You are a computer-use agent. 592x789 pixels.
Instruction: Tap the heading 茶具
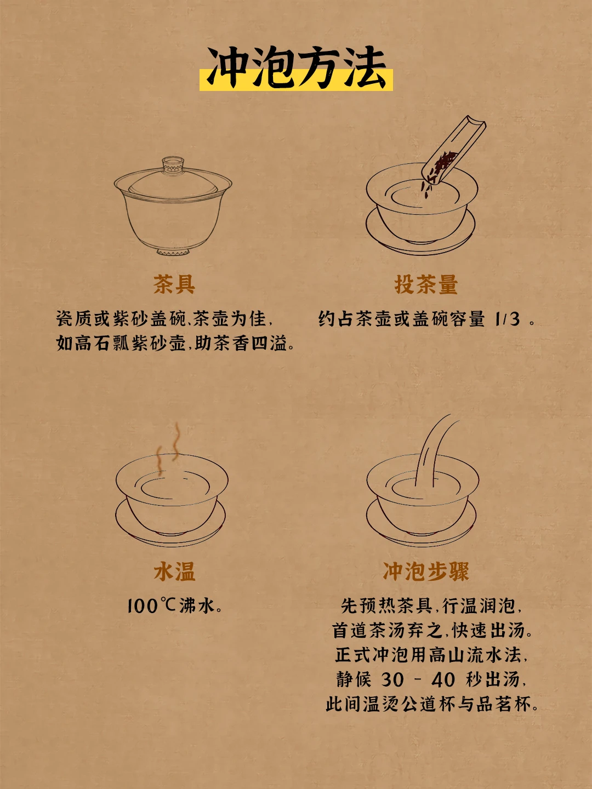pos(174,284)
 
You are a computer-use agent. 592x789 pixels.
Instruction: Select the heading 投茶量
pos(426,284)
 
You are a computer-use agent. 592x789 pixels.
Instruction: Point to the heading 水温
pos(174,571)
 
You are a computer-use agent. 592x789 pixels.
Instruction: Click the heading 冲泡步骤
pos(426,571)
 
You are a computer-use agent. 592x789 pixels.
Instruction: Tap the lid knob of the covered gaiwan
pos(173,164)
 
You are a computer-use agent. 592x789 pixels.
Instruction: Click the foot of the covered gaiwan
pos(173,251)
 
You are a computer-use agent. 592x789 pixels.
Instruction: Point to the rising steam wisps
pos(168,449)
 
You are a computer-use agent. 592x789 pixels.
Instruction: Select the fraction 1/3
pos(507,319)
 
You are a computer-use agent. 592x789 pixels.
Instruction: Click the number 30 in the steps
pos(392,679)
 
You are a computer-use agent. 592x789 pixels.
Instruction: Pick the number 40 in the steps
pos(443,679)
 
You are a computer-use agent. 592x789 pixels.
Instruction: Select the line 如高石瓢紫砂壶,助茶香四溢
pos(175,344)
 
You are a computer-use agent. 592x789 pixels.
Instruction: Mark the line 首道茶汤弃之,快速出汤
pos(431,631)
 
